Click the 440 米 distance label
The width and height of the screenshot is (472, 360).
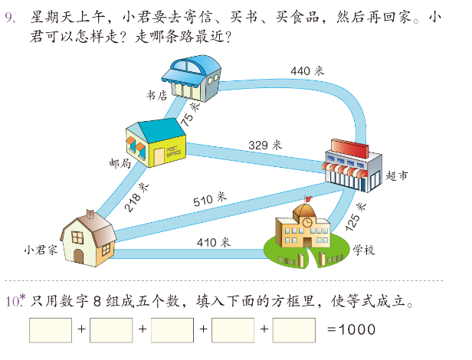307,70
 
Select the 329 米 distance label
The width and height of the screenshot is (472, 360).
265,143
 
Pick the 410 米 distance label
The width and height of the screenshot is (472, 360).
212,242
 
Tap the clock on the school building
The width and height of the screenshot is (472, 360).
306,222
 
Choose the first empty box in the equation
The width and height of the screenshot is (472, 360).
50,330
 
